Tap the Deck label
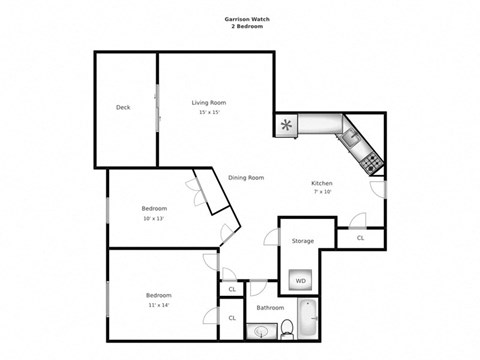click(x=123, y=107)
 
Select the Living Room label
click(x=209, y=102)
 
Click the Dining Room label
click(x=246, y=177)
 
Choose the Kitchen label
click(x=322, y=183)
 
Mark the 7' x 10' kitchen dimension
click(x=322, y=193)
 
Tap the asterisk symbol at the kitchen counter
click(x=287, y=125)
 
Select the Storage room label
click(x=303, y=241)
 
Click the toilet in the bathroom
click(x=286, y=327)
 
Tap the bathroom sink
click(x=263, y=331)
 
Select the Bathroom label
click(x=271, y=308)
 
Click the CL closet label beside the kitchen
click(x=360, y=238)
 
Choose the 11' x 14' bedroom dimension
click(x=160, y=305)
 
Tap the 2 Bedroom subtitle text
click(x=239, y=25)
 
